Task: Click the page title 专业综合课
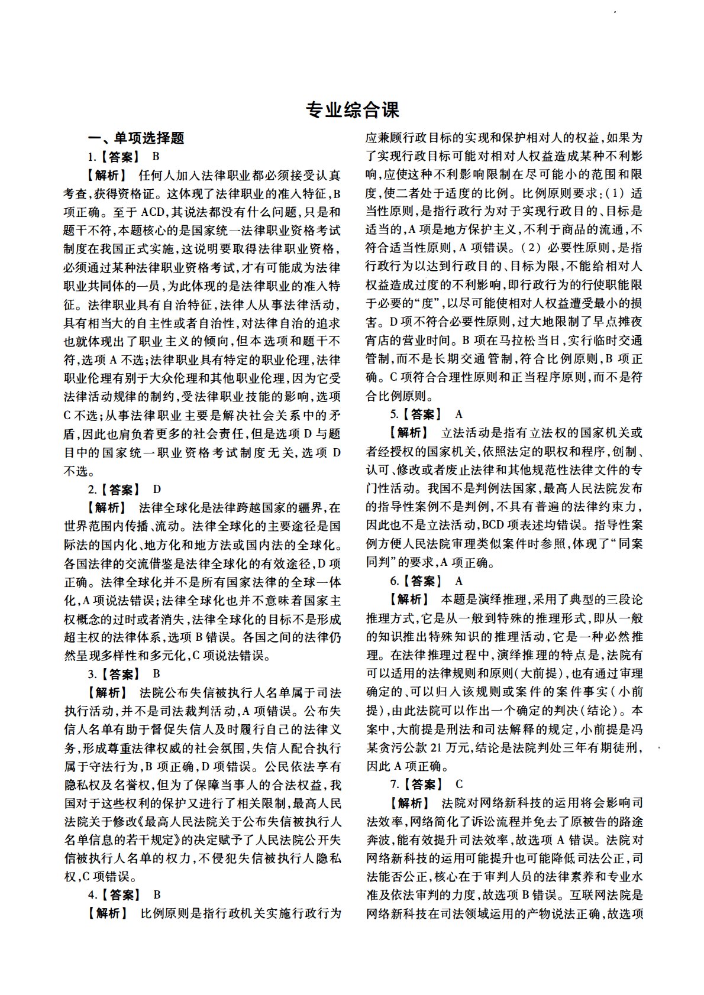pyautogui.click(x=352, y=109)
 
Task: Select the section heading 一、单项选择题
pyautogui.click(x=136, y=138)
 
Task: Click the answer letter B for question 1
pyautogui.click(x=156, y=157)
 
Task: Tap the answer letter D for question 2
pyautogui.click(x=157, y=489)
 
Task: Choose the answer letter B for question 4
pyautogui.click(x=157, y=894)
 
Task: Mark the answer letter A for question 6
pyautogui.click(x=460, y=581)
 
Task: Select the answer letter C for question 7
pyautogui.click(x=460, y=784)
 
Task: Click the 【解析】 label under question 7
pyautogui.click(x=408, y=803)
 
